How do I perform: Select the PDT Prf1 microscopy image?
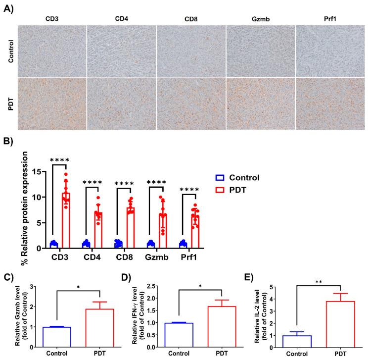pyautogui.click(x=330, y=102)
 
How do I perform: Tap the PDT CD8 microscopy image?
pyautogui.click(x=191, y=102)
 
